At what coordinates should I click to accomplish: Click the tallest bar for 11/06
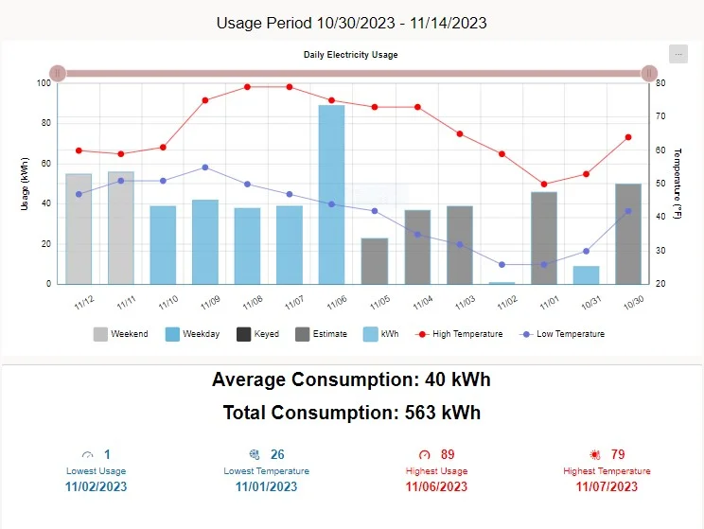point(331,194)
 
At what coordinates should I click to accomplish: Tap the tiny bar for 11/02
point(502,282)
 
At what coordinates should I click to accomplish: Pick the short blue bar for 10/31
point(586,274)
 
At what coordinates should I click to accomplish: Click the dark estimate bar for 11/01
point(544,238)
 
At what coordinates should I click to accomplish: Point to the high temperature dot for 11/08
point(247,87)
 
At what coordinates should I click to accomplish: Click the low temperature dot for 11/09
point(205,168)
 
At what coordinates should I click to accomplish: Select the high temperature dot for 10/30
point(628,137)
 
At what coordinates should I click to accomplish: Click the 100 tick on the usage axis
point(44,83)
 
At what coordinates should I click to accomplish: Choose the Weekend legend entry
point(120,334)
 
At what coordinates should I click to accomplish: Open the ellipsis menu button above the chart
point(678,54)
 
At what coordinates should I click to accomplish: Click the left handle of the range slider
point(58,73)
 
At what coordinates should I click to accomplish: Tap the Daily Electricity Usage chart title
point(351,55)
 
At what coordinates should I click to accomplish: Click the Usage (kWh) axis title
point(25,183)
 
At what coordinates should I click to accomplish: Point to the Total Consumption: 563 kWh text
point(352,413)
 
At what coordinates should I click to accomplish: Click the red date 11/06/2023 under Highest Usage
point(436,487)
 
